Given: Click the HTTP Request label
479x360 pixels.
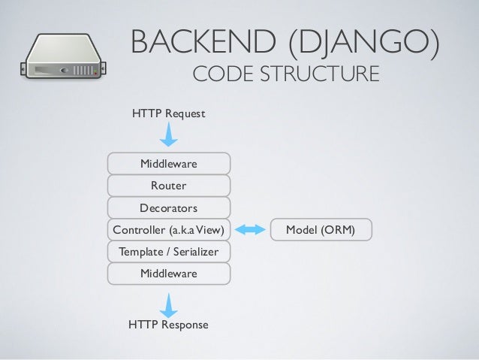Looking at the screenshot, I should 168,114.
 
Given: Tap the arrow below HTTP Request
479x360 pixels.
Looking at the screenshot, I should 169,136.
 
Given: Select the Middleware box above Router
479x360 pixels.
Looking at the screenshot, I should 169,163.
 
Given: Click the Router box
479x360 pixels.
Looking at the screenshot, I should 169,185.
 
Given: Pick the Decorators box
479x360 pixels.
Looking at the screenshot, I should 169,207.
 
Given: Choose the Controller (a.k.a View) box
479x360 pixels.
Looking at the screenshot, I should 169,229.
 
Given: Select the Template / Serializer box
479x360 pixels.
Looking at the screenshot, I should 169,252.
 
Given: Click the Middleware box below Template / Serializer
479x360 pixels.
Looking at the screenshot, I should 169,274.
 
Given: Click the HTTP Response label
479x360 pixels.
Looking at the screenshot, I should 168,325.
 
